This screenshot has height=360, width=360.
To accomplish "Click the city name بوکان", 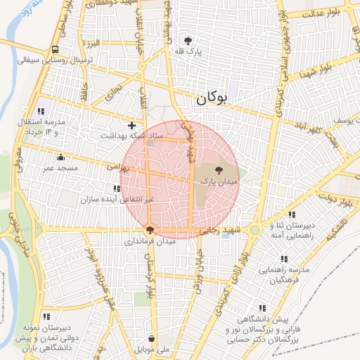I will click(x=212, y=99).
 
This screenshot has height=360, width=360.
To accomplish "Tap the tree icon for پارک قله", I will click(x=188, y=41).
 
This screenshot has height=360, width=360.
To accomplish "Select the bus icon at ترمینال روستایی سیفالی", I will click(x=55, y=49).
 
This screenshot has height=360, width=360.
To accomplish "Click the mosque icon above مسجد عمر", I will click(x=60, y=157).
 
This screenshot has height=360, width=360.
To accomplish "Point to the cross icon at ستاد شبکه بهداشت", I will click(x=131, y=124).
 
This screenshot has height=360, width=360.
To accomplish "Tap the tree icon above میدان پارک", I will click(x=218, y=170).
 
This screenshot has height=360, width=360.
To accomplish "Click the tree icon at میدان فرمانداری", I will click(x=149, y=229).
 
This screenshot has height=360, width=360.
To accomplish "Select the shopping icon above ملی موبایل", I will click(x=152, y=338).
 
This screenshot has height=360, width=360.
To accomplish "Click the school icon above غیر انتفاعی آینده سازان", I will click(x=116, y=188).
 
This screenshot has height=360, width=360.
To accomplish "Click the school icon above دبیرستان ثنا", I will click(x=292, y=214).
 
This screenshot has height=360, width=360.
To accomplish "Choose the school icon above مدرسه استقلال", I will click(x=41, y=111).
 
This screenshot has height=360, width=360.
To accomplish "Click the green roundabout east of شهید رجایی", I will click(x=255, y=230).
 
